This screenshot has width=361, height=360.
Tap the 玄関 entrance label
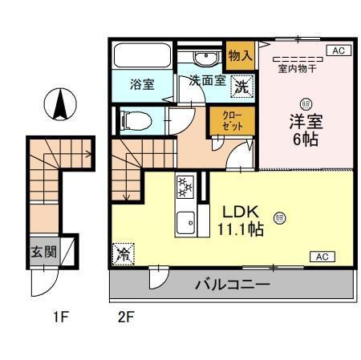point(43,251)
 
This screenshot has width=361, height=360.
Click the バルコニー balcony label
point(231,284)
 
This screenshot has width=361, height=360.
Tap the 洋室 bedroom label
point(305,122)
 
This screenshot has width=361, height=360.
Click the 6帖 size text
point(305,140)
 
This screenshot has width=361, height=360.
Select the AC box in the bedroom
point(337,51)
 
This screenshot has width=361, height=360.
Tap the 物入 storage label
point(240,55)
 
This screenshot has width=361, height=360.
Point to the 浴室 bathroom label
point(143,84)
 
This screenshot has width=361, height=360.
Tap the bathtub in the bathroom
point(141,56)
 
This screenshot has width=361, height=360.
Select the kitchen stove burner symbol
point(185,188)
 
